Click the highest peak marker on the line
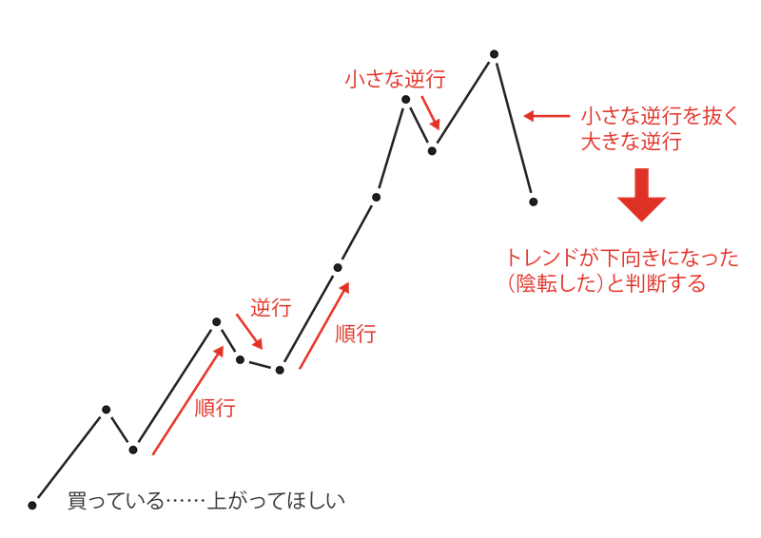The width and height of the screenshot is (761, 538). (x=493, y=53)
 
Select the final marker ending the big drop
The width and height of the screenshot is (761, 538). (x=534, y=202)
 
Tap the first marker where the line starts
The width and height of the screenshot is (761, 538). (x=32, y=505)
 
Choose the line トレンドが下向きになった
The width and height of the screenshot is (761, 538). (x=621, y=258)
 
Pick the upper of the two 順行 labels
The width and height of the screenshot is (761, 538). (x=355, y=334)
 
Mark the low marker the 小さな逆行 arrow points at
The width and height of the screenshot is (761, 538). (x=433, y=149)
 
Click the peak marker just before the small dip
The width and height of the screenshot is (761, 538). (x=406, y=99)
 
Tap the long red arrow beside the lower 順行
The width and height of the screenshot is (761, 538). (x=188, y=400)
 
